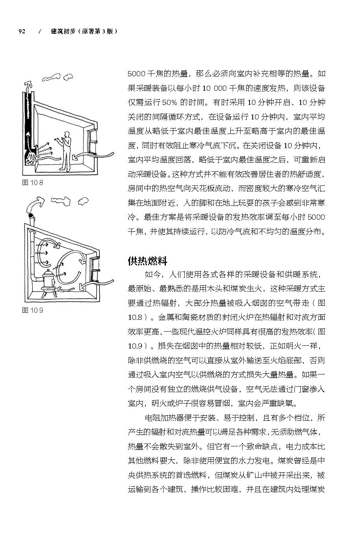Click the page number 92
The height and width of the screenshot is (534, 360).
point(22,31)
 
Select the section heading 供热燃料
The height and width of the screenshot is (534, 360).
point(147,261)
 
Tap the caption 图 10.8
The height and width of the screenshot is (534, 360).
point(32,182)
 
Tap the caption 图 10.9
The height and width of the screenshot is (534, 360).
point(32,310)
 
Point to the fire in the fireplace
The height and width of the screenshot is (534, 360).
point(30,158)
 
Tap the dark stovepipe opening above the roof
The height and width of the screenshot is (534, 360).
point(30,216)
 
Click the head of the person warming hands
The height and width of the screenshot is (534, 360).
point(68,134)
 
